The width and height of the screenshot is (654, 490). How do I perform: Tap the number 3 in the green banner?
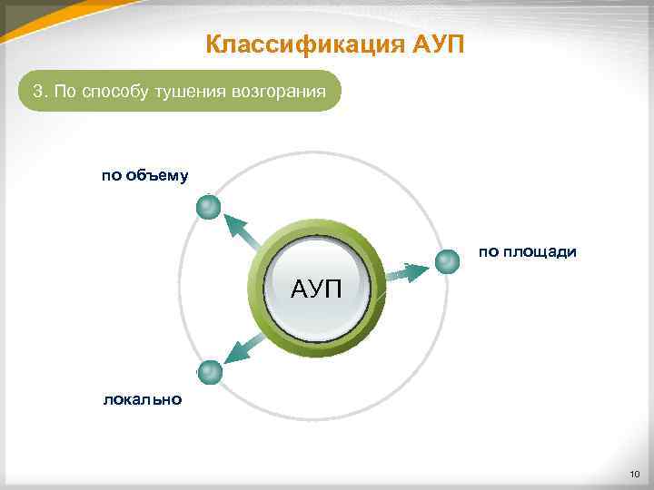pyautogui.click(x=37, y=92)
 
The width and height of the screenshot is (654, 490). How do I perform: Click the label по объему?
pyautogui.click(x=144, y=175)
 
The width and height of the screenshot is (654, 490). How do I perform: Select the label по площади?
pyautogui.click(x=528, y=251)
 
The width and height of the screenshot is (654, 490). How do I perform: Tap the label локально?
pyautogui.click(x=143, y=399)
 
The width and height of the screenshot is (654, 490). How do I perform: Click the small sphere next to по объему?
pyautogui.click(x=209, y=208)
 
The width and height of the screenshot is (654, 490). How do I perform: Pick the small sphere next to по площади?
pyautogui.click(x=447, y=262)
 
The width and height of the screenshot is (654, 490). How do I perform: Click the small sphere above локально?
pyautogui.click(x=210, y=372)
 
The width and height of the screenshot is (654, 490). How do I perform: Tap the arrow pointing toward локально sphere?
pyautogui.click(x=243, y=350)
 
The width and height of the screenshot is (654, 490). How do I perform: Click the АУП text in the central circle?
pyautogui.click(x=316, y=290)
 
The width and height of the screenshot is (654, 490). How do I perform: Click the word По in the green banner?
pyautogui.click(x=64, y=92)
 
